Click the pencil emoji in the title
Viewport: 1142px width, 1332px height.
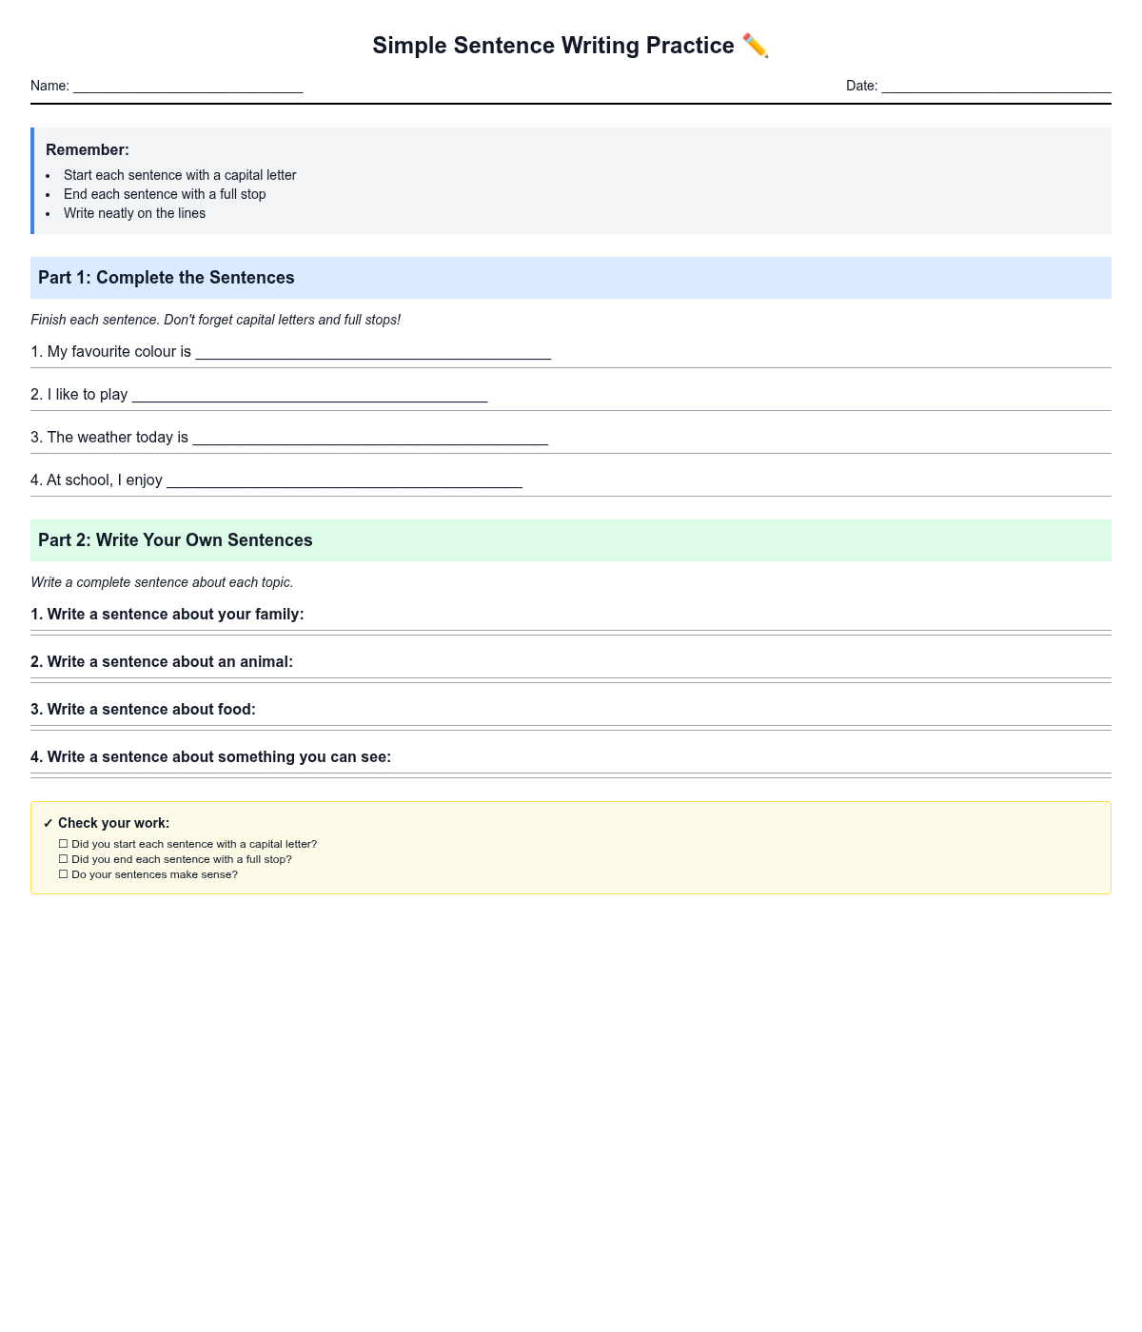[x=755, y=46]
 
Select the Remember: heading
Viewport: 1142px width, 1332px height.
[x=88, y=149]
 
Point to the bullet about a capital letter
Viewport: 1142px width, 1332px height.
[x=180, y=175]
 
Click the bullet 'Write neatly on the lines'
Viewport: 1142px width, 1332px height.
[x=134, y=213]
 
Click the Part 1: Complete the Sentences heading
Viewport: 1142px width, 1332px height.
[x=167, y=278]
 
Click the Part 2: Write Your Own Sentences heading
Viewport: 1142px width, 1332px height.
[x=175, y=540]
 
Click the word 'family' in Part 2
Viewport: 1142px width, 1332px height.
[x=277, y=615]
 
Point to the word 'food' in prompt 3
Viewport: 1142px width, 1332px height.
[x=235, y=710]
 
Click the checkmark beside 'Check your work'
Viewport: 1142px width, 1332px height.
[x=49, y=824]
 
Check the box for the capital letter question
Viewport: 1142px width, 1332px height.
[x=64, y=844]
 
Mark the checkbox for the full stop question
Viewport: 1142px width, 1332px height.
[x=64, y=859]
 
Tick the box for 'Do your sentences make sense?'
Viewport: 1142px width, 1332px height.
[x=64, y=874]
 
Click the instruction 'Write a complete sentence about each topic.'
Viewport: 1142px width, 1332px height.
[x=162, y=582]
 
